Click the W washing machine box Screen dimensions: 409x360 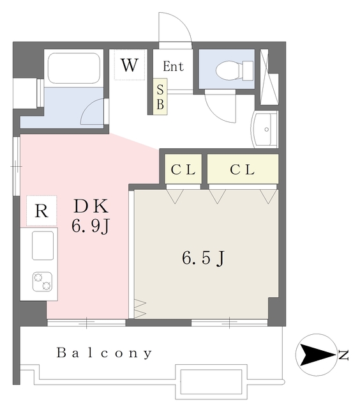pos(130,65)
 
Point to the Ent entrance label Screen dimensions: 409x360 pos(173,66)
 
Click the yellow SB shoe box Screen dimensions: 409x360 pos(160,96)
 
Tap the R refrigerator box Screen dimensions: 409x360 pos(41,212)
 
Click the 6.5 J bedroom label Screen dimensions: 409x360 pos(203,258)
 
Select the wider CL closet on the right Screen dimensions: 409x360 pos(243,170)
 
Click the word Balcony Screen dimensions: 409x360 pos(104,353)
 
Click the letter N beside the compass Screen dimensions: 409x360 pos(344,354)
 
